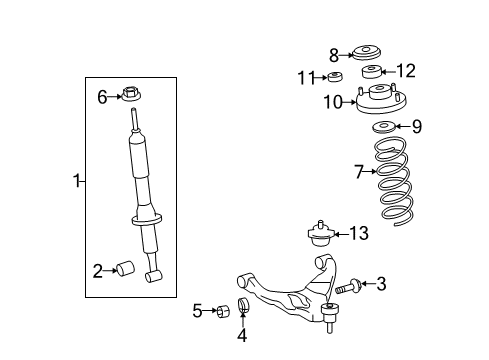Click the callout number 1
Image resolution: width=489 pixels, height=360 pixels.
(75, 181)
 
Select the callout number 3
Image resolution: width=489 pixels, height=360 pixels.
(380, 285)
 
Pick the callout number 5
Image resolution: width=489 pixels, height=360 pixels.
(198, 311)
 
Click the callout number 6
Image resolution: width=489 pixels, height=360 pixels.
(101, 96)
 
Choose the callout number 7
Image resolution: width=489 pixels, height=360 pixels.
(358, 172)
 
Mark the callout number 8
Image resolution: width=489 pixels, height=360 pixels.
(334, 54)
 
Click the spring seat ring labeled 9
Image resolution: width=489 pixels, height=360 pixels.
(383, 127)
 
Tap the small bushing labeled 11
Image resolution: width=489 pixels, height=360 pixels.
(338, 77)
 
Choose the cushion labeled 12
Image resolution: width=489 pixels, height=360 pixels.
(373, 71)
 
